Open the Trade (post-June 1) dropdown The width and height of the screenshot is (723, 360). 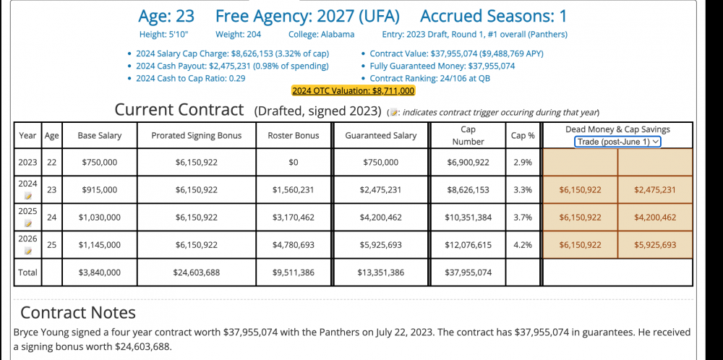(617, 142)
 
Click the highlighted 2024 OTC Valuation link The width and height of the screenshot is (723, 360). (353, 91)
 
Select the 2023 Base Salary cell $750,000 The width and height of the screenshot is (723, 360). (100, 163)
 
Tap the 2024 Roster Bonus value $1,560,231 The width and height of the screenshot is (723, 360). (293, 190)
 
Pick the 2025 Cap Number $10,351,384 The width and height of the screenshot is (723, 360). (468, 218)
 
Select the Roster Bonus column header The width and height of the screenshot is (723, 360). (293, 135)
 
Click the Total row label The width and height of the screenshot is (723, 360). (27, 273)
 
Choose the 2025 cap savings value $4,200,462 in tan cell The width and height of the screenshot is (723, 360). (654, 218)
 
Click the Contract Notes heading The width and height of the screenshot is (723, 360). (78, 313)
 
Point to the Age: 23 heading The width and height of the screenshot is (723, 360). (166, 16)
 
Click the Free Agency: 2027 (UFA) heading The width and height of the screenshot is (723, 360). (307, 16)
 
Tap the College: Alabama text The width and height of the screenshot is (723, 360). (321, 35)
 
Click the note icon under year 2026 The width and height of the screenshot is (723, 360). (27, 251)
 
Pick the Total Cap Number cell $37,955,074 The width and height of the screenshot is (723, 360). (468, 273)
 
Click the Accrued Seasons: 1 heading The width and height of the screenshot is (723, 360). (494, 16)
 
